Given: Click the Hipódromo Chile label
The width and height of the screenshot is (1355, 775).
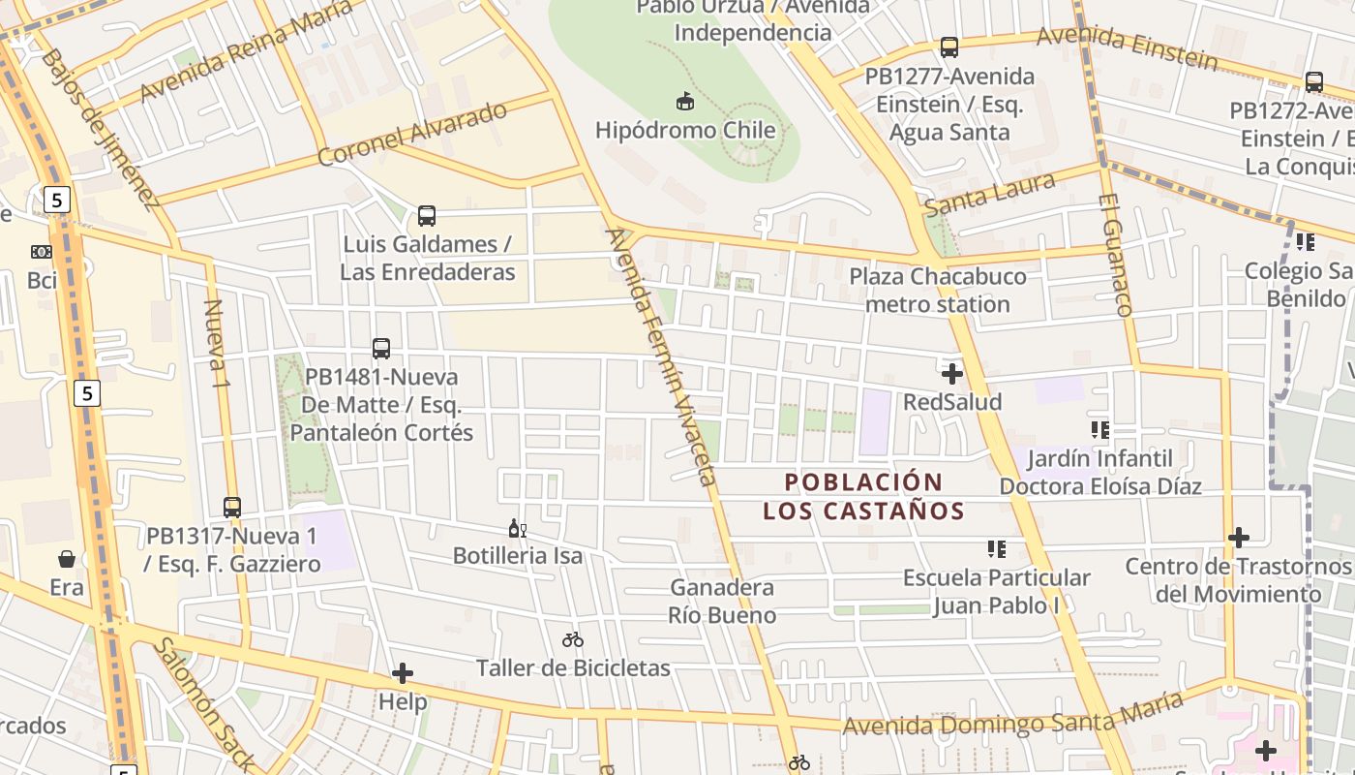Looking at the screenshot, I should click(x=685, y=130).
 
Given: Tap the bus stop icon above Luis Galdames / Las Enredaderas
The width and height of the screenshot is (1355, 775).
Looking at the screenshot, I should click(x=427, y=215).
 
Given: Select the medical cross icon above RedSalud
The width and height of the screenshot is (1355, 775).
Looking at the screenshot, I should click(x=952, y=373).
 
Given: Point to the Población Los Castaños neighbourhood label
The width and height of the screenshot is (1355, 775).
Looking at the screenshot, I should click(x=863, y=496).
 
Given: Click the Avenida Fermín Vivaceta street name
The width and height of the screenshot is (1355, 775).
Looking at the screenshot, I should click(x=661, y=356).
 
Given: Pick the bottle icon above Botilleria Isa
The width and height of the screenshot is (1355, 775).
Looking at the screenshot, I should click(x=517, y=529).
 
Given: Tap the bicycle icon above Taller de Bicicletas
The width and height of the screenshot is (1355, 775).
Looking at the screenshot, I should click(x=573, y=639).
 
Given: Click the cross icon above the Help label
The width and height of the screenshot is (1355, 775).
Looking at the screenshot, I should click(x=403, y=673).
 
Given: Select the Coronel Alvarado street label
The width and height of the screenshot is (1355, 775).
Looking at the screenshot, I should click(x=412, y=133).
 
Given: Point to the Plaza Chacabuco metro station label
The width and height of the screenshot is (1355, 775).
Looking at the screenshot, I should click(x=937, y=291).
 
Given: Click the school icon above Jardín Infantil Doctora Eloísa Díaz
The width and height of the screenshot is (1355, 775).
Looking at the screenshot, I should click(x=1099, y=429).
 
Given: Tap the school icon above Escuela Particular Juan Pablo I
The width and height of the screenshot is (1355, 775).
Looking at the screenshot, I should click(x=997, y=549).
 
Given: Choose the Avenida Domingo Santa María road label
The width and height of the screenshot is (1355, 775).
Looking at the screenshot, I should click(x=1012, y=716).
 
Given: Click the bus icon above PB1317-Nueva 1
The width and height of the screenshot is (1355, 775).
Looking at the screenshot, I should click(x=232, y=507).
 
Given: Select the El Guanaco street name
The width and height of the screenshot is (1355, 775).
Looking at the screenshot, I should click(x=1115, y=255).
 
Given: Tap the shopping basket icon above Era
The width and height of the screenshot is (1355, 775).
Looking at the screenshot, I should click(x=67, y=559).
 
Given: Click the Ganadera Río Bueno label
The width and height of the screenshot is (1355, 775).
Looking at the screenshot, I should click(x=722, y=601).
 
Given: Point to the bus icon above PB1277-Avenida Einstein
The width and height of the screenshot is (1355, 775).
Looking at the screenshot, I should click(x=949, y=47).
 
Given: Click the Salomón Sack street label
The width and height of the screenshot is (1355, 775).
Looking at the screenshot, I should click(x=205, y=703).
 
